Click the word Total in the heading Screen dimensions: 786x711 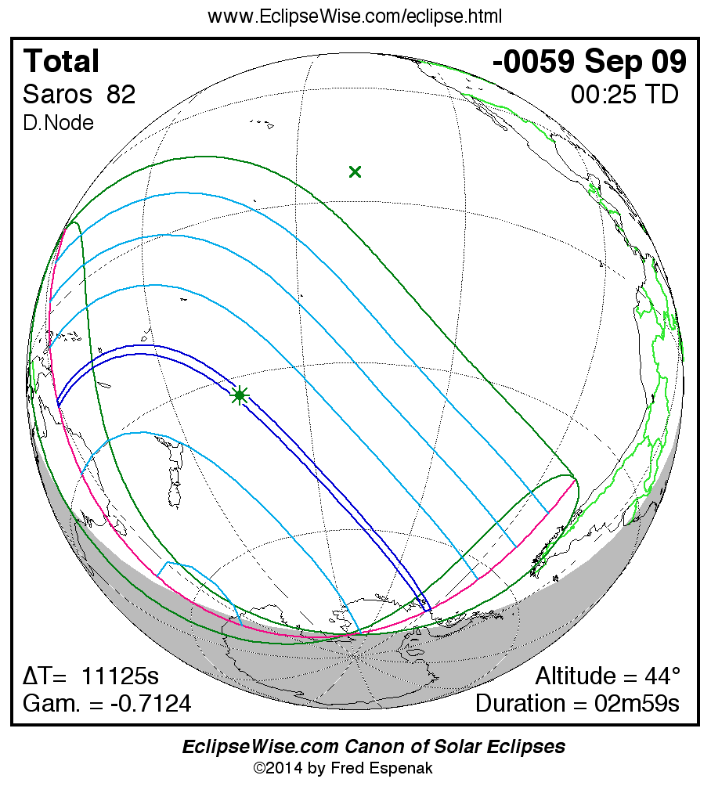(61, 62)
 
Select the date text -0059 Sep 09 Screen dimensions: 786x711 (590, 62)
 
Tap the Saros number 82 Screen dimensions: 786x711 (121, 95)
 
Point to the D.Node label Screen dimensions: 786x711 (58, 123)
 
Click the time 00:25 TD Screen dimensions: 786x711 (625, 95)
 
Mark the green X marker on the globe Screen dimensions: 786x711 (355, 171)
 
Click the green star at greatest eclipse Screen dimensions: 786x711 (240, 395)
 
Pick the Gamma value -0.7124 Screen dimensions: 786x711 (150, 703)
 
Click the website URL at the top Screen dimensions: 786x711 (355, 16)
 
